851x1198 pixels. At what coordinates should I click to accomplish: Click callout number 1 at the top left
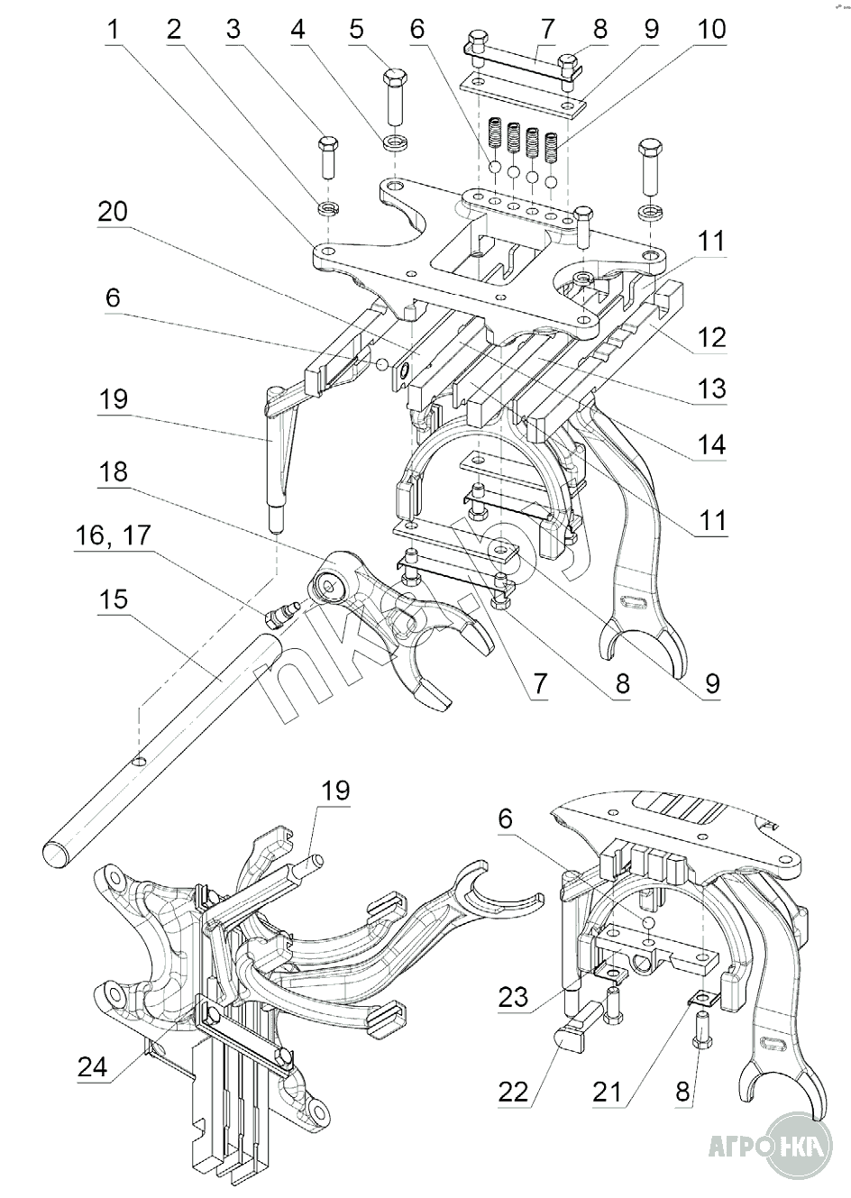113,29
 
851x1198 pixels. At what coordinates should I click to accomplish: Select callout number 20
114,212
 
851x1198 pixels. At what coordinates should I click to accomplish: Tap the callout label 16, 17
114,536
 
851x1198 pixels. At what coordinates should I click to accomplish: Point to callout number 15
114,600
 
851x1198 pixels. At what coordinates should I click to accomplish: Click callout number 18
114,472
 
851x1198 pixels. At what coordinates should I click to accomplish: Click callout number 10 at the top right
711,29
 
